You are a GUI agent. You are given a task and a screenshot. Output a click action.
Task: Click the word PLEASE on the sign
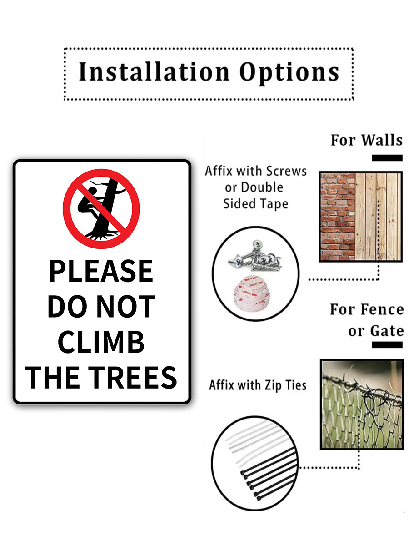click(101, 271)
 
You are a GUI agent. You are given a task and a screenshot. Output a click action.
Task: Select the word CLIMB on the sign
click(101, 342)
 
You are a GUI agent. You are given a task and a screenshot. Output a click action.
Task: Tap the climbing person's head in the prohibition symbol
click(92, 191)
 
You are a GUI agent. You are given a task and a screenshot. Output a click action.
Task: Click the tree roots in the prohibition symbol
click(102, 235)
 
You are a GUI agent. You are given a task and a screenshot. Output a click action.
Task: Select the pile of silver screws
click(255, 256)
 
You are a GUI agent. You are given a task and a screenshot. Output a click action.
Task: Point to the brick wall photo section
click(338, 217)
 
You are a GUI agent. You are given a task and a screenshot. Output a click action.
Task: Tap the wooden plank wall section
click(378, 217)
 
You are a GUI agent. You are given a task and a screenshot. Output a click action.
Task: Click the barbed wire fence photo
click(361, 404)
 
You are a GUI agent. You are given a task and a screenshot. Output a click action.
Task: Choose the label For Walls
click(366, 140)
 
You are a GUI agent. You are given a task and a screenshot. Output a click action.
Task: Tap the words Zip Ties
click(285, 385)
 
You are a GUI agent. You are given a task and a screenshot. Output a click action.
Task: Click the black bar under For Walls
click(387, 158)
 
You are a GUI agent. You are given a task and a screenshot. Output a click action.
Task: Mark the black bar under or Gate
click(387, 344)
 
